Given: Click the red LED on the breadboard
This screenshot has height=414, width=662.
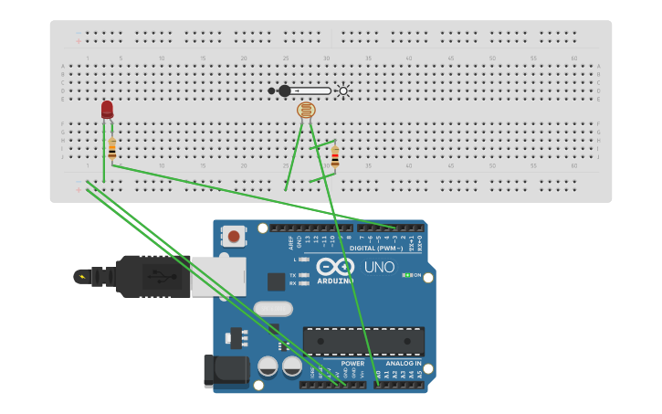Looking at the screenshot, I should [107, 110].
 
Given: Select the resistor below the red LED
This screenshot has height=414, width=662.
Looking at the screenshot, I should [112, 148].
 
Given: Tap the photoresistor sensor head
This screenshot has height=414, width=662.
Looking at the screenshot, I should [306, 111].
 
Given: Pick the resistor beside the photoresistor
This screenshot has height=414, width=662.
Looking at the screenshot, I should [334, 157].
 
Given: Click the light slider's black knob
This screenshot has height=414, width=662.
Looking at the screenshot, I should [284, 90].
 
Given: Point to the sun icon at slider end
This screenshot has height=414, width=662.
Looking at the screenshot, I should [343, 90].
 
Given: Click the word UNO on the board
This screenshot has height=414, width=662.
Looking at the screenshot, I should [380, 268].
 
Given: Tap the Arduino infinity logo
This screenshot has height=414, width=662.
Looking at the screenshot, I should [335, 267].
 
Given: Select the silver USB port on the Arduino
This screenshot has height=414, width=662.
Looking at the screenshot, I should [217, 275].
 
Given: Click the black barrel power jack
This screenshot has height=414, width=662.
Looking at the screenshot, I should [226, 369].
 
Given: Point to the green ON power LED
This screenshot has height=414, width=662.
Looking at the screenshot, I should [408, 274].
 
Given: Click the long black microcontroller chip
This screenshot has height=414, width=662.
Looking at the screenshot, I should [363, 341].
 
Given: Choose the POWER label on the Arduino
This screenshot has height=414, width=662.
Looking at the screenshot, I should [352, 363].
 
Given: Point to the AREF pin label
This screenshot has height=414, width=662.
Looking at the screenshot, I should [292, 242].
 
